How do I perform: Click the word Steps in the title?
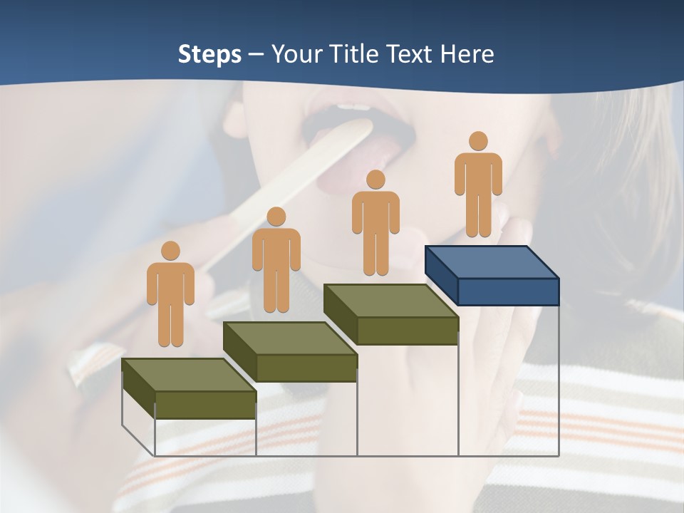coord(209,54)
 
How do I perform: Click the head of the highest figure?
coord(478,141)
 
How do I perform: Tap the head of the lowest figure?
coord(170,251)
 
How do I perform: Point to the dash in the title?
coord(256,55)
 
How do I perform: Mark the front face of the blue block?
coord(507,291)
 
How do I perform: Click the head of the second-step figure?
coord(276,217)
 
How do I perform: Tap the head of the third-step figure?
coord(375,180)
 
